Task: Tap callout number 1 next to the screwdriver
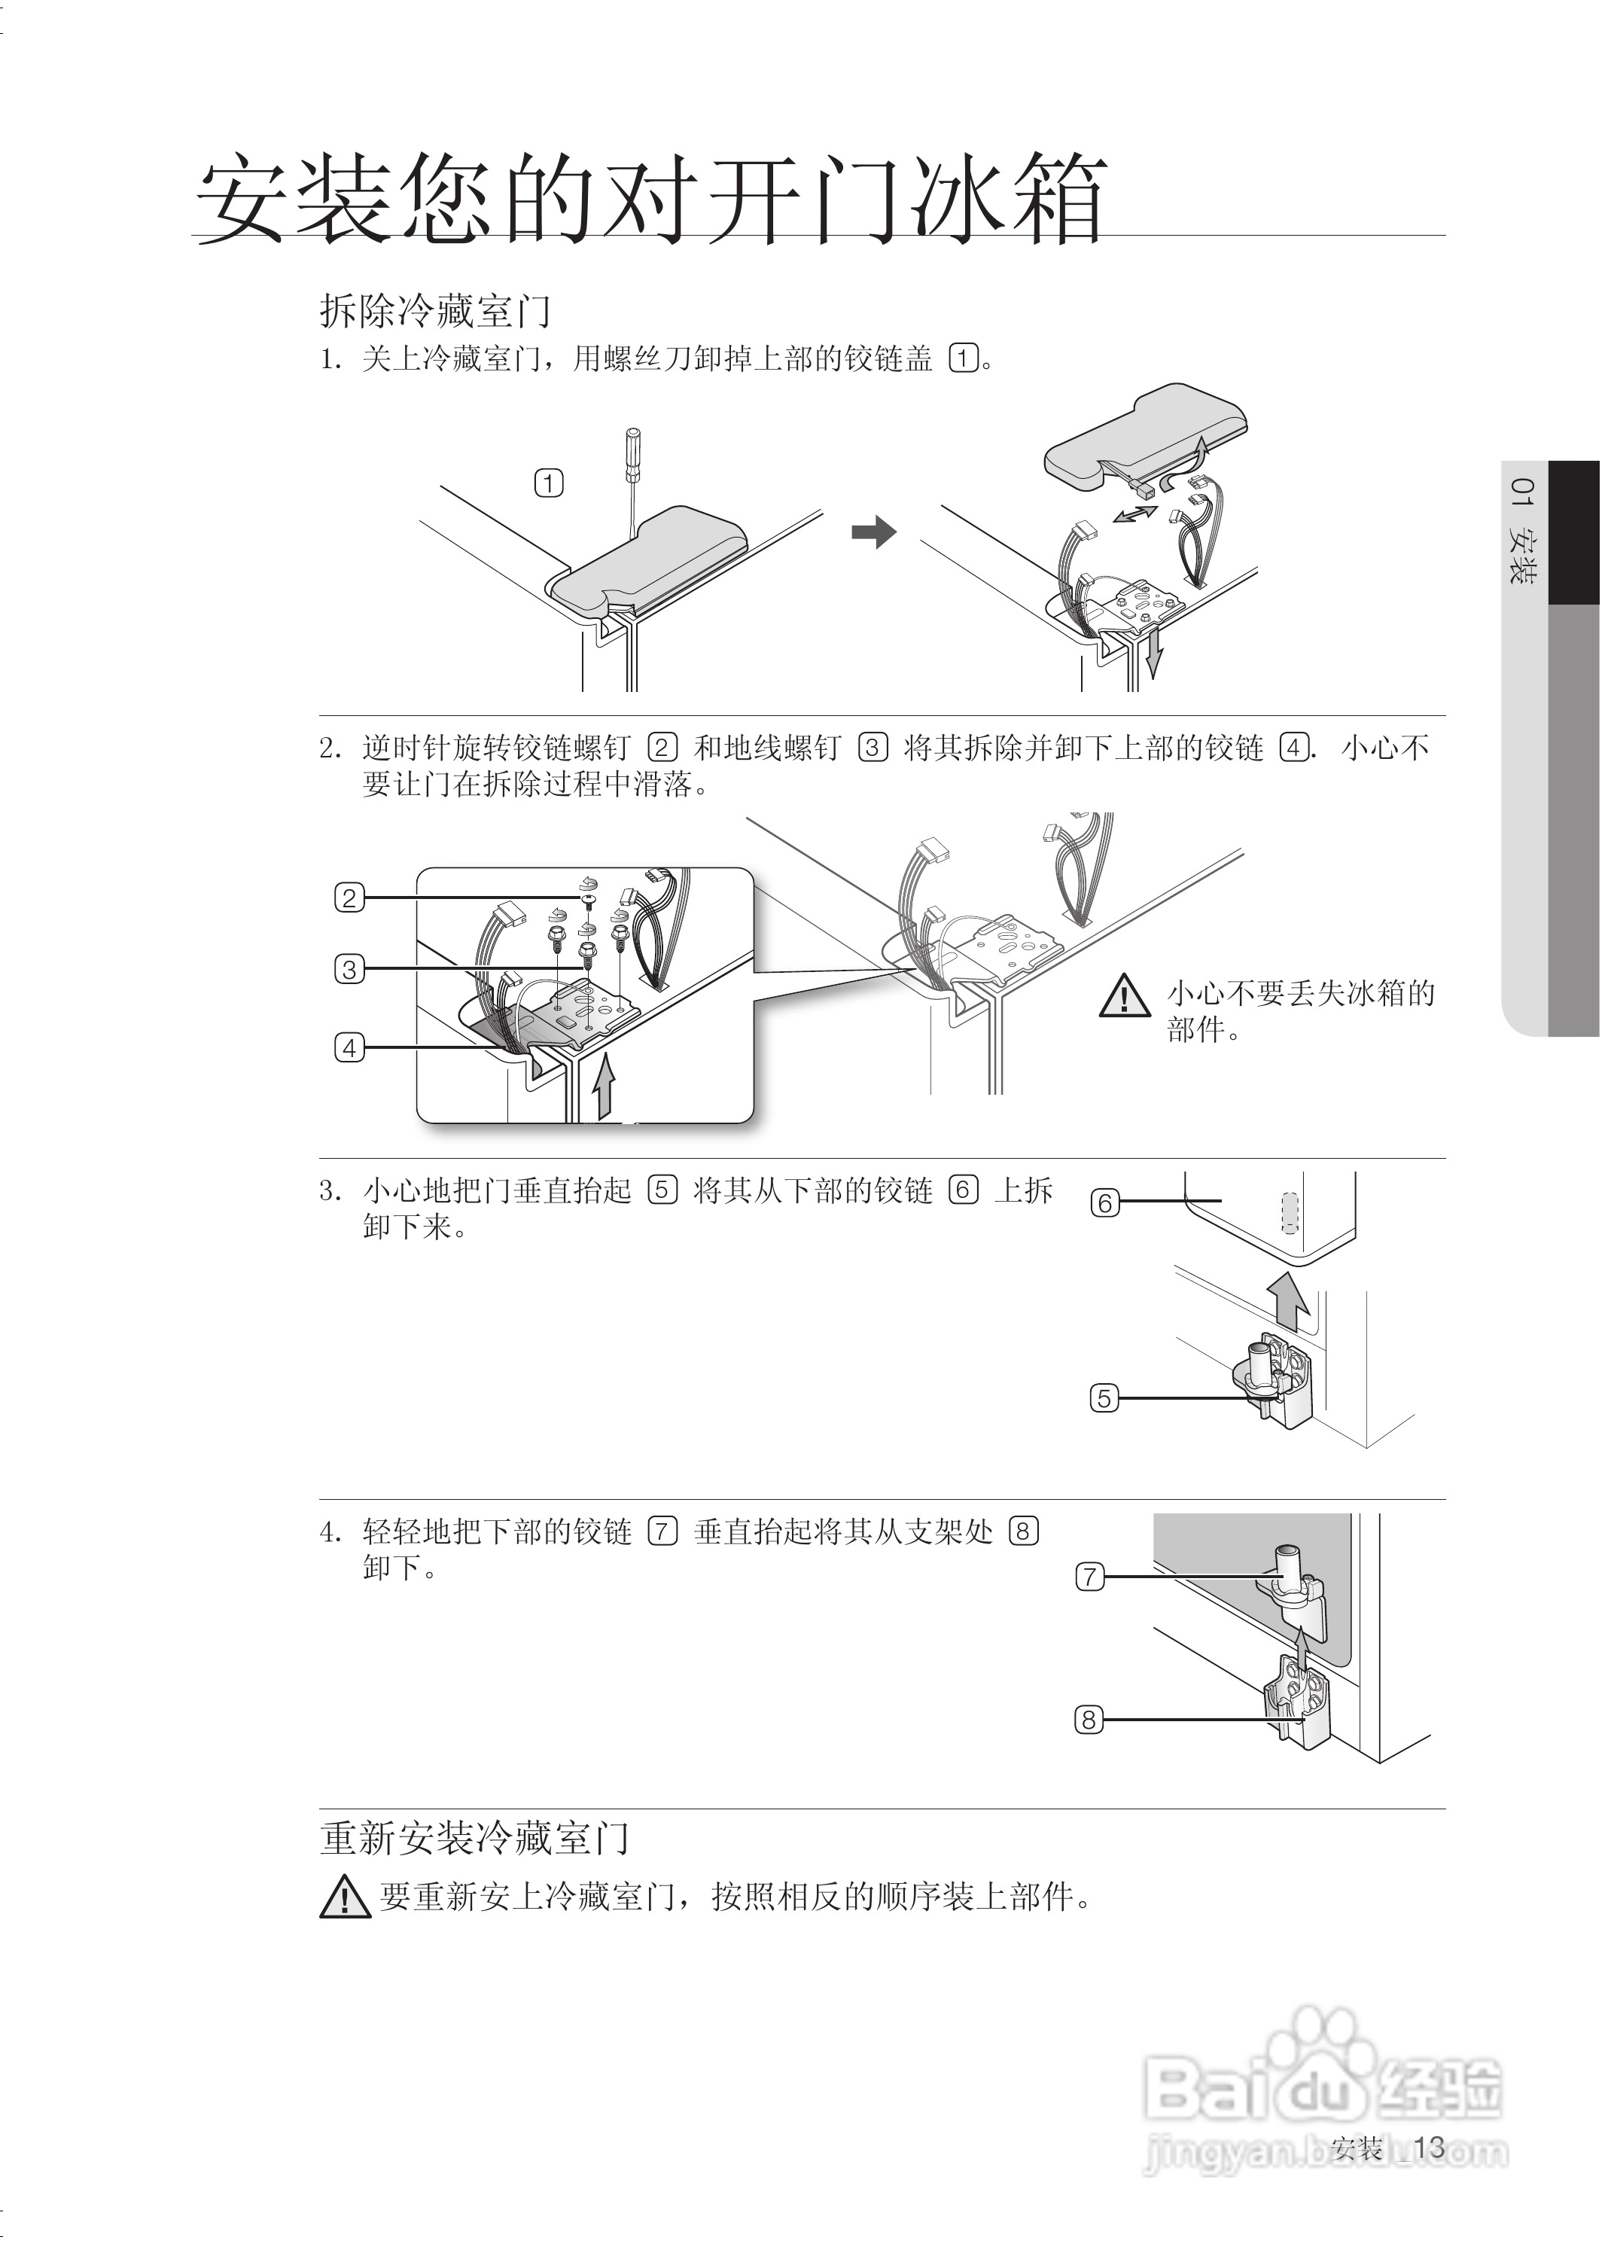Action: pos(549,483)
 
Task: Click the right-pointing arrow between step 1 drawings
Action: pos(873,532)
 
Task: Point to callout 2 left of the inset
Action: pos(349,898)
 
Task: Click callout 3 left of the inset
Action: pos(349,969)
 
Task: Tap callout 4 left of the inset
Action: pos(349,1047)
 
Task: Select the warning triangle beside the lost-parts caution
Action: pos(1125,996)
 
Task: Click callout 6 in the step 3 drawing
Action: pos(1104,1202)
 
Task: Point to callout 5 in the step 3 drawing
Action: pos(1104,1398)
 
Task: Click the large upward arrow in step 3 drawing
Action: pos(1289,1300)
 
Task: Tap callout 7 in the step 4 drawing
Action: pos(1090,1577)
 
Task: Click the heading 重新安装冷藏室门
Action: pos(475,1839)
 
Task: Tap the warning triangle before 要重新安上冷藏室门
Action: pos(345,1896)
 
